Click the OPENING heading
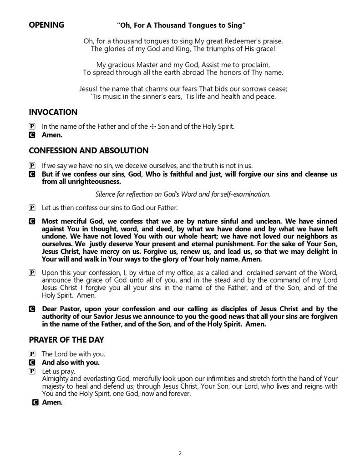pos(46,25)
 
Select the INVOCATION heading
pos(53,112)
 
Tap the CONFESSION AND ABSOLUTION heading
pos(88,150)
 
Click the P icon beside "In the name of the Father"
pos(31,127)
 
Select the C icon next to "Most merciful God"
pos(31,221)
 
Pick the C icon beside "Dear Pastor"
pos(31,309)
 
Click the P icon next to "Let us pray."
pos(31,371)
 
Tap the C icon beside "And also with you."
pos(31,363)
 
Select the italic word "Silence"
pos(106,194)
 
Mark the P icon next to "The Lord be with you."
pos(31,354)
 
